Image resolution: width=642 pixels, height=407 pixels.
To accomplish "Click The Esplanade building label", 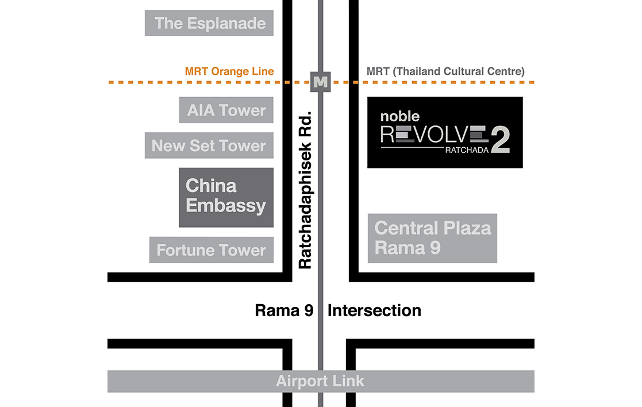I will click(x=209, y=23).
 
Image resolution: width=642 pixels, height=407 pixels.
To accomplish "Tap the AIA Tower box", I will click(x=226, y=110).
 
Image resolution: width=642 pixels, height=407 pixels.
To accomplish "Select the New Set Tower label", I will click(x=209, y=146).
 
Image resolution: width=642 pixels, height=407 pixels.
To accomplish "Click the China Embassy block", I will click(x=226, y=197).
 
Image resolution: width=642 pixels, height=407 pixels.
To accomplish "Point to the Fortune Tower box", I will click(x=211, y=250).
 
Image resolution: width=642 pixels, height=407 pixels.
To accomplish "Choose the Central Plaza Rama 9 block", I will click(x=432, y=238).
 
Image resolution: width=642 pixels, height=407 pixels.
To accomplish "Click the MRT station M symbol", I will click(x=320, y=82).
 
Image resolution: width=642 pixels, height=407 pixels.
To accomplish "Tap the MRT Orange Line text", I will click(x=229, y=72).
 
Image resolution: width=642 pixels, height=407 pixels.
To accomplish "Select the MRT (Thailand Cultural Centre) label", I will click(x=445, y=72).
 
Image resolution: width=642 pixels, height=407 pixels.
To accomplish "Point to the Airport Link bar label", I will click(x=320, y=381).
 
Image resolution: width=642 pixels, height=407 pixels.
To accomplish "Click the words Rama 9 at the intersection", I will click(x=284, y=311).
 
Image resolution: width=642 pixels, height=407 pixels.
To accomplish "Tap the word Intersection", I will click(x=374, y=311).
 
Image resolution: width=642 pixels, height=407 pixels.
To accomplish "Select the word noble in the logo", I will click(x=399, y=116).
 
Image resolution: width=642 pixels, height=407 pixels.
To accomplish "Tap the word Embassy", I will click(x=226, y=206).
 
